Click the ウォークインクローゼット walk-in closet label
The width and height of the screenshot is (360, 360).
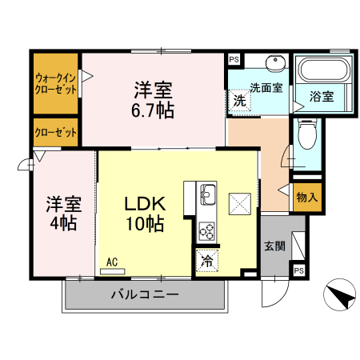(55, 84)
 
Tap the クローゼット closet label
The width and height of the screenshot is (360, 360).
(55, 133)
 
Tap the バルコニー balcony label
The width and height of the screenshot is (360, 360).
(144, 294)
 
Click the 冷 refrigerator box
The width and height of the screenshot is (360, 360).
(206, 259)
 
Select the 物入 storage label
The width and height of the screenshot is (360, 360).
(307, 197)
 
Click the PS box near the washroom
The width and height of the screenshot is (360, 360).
(234, 60)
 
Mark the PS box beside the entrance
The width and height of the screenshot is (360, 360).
(298, 270)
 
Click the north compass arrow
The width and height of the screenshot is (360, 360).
(342, 296)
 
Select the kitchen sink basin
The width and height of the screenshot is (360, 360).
(207, 194)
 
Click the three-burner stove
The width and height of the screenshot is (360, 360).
(206, 230)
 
